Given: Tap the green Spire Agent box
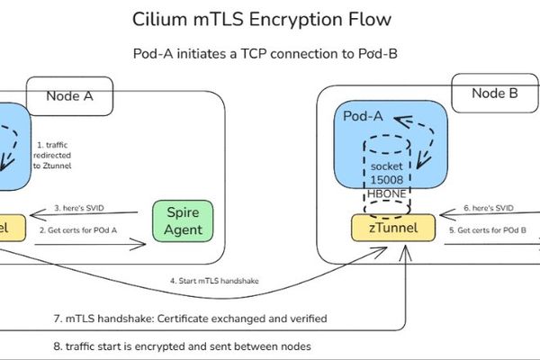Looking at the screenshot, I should click(x=185, y=220).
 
